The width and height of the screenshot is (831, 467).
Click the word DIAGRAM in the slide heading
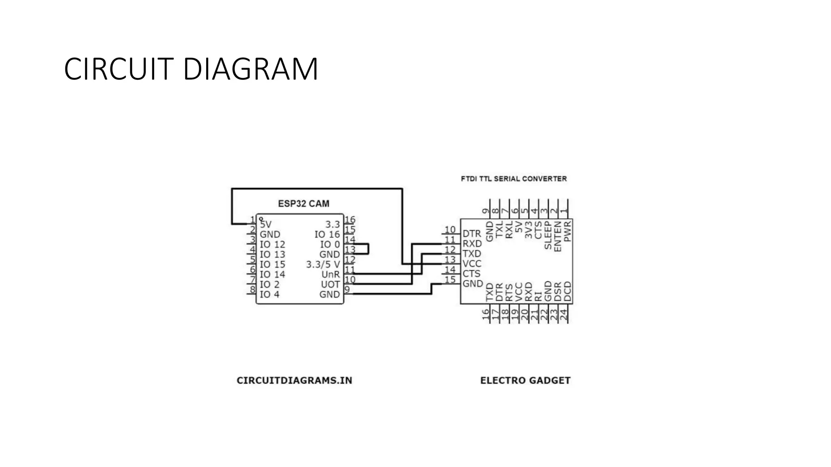pos(250,69)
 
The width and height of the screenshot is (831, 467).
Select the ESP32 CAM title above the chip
pos(304,204)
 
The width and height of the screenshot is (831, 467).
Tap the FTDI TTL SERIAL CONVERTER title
pos(514,179)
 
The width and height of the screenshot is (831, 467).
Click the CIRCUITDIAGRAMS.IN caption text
pos(294,381)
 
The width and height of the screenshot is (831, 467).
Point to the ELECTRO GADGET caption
pos(525,381)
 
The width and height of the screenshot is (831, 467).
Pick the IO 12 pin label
pos(272,244)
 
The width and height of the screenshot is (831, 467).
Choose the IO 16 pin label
pos(327,235)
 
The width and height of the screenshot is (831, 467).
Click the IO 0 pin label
pos(330,244)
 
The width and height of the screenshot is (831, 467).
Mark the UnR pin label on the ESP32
pos(330,274)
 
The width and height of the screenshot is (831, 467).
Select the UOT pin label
pos(330,285)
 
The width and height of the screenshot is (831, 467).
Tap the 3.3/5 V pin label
pos(323,264)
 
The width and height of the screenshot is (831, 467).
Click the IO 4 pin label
pos(269,295)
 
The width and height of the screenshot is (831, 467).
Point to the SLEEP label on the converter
pos(548,235)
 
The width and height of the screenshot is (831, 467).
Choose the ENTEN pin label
pos(558,236)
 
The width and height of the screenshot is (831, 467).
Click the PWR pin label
pos(567,231)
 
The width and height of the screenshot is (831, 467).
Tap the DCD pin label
pos(567,292)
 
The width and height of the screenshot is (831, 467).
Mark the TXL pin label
pos(499,229)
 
